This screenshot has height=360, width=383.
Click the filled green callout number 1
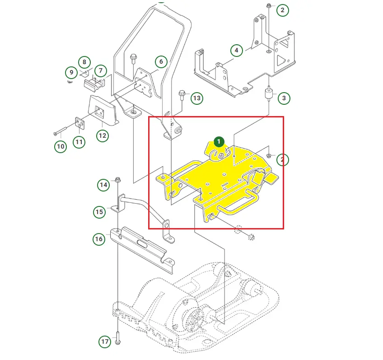pos(219,141)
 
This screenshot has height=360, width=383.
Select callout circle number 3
pos(284,98)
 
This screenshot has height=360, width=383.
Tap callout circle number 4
pos(237,50)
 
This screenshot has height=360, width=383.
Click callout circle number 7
pos(100,70)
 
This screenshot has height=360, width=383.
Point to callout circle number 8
pos(84,62)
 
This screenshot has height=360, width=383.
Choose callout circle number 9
pos(71,72)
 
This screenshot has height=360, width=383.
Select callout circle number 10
pos(61,146)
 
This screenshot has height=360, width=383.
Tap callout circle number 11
pos(79,142)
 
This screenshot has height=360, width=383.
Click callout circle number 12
pos(102,135)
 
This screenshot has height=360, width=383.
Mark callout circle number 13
pos(196,98)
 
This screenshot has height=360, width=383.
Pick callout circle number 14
pos(104,184)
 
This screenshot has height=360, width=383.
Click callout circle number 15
pos(99,211)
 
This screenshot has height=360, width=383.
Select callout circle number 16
pos(99,239)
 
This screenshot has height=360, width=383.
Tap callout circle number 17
pos(105,341)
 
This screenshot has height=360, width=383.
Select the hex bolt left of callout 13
pos(182,95)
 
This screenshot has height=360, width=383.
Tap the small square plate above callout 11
pos(79,123)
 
